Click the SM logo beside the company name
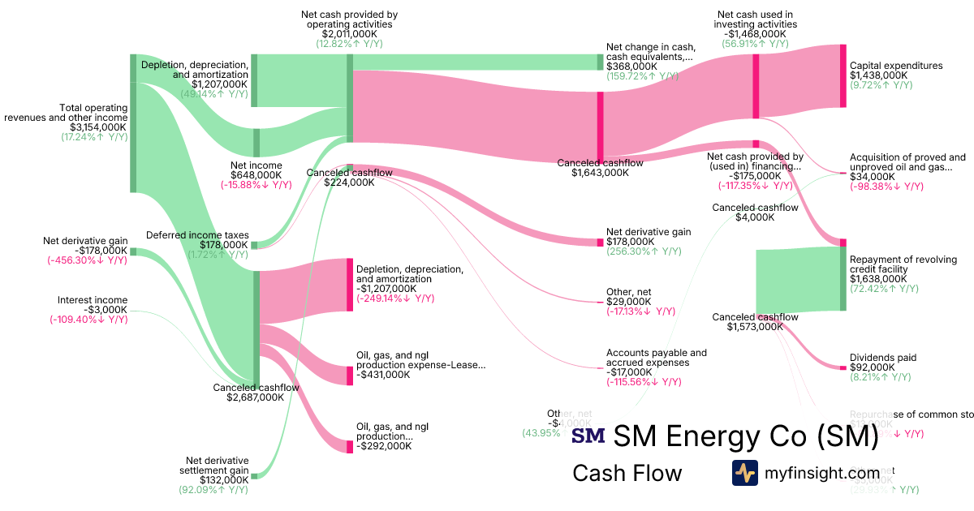[588, 436]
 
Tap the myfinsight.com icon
[745, 473]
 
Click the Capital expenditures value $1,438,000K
[878, 75]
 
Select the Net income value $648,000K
[256, 174]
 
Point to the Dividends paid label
[883, 358]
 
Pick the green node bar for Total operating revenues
[133, 123]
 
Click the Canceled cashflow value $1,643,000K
[600, 173]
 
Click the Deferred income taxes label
[196, 235]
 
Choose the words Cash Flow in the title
[627, 473]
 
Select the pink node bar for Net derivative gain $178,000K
[600, 242]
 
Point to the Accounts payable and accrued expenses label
[656, 358]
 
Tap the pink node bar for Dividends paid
[843, 367]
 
